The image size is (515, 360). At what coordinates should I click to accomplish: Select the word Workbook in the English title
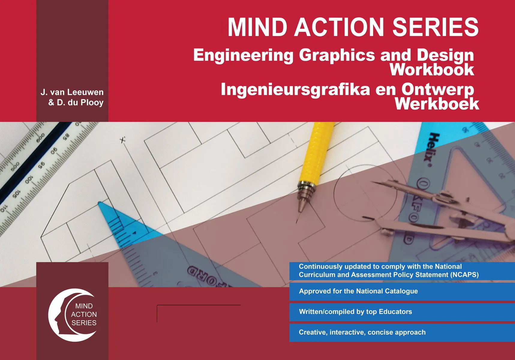pos(432,70)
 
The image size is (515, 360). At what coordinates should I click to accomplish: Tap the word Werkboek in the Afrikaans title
pos(437,104)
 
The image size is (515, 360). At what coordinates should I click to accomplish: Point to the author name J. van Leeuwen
pos(72,92)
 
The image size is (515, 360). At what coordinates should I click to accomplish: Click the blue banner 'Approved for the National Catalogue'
pos(358,291)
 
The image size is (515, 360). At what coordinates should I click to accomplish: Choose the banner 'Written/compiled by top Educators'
pos(355,312)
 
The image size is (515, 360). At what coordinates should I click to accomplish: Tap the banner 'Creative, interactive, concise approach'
pos(362,332)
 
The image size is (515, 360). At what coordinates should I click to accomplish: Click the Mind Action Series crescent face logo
pos(72,315)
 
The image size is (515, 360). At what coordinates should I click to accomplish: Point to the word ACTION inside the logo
pos(84,314)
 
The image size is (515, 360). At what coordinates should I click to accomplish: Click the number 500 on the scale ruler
pos(15,166)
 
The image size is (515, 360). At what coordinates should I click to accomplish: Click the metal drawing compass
pos(435,207)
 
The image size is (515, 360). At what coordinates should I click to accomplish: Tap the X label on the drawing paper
pos(123,140)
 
